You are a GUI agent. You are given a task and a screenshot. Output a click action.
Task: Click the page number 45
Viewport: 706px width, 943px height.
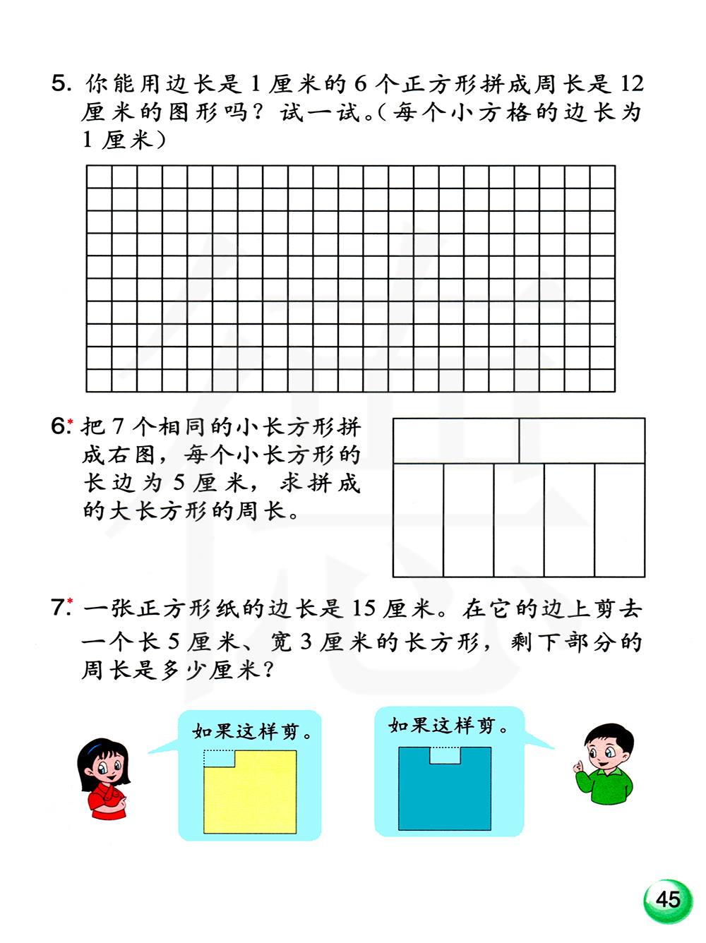tap(667, 899)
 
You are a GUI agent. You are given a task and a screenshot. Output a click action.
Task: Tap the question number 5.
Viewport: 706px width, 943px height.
tap(61, 84)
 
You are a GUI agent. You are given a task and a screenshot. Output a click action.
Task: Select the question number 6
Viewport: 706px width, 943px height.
tap(60, 426)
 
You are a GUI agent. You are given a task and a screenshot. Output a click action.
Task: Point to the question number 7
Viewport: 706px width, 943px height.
tap(60, 608)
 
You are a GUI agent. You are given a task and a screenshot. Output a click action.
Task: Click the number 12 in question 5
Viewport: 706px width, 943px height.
tap(632, 84)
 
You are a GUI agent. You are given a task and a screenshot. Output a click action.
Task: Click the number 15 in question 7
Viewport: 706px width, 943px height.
tap(364, 608)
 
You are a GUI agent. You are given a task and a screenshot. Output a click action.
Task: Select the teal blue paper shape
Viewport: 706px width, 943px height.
tap(445, 794)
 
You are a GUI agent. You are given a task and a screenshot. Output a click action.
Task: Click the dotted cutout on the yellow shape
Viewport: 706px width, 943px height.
tap(219, 758)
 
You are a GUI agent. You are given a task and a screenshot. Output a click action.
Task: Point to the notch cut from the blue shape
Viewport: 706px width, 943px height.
tap(445, 755)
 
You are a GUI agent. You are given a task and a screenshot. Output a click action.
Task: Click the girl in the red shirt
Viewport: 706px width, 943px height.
tap(104, 778)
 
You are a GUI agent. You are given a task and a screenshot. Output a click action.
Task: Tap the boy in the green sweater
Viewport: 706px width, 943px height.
tap(606, 764)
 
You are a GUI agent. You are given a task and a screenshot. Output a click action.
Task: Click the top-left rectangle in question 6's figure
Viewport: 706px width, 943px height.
tap(456, 441)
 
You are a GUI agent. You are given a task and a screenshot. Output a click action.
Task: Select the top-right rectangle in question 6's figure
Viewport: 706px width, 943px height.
tap(582, 441)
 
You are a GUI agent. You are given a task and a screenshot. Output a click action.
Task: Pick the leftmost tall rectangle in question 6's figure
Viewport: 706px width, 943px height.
tap(418, 520)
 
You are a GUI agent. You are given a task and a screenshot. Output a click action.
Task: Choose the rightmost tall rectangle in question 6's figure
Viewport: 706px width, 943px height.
tap(619, 520)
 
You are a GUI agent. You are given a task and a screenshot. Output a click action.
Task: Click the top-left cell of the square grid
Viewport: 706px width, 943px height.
tap(99, 176)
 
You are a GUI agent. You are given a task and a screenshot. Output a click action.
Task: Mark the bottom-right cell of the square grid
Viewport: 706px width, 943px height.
tap(602, 380)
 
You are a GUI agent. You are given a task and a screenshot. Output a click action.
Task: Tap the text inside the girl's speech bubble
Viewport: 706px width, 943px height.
tap(253, 731)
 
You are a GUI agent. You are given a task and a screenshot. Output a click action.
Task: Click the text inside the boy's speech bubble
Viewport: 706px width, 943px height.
tap(448, 726)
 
